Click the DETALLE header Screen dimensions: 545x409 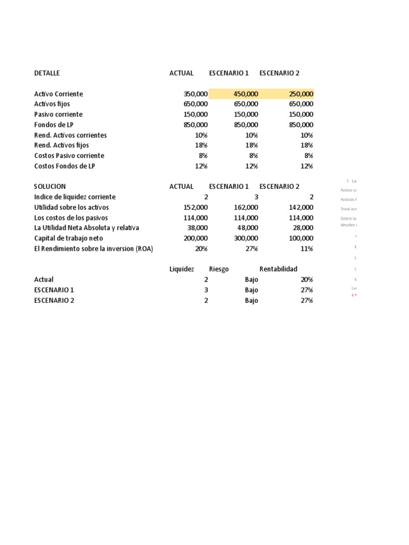47,73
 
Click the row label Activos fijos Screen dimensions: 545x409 52,104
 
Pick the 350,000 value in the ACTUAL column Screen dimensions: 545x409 195,94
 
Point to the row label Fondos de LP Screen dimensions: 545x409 53,125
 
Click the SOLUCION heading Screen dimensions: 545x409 50,186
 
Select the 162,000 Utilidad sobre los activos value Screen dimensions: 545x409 246,207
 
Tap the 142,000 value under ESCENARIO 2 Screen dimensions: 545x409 301,207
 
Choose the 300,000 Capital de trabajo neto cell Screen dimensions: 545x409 246,238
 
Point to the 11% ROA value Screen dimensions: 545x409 307,249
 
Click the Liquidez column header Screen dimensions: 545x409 182,269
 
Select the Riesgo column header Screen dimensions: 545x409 219,269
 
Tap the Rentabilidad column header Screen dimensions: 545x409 279,269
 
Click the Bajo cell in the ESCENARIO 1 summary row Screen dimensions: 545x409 251,290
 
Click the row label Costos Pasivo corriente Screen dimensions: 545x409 69,155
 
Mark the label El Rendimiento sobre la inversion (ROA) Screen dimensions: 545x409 93,249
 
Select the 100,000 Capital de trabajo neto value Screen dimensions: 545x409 301,238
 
